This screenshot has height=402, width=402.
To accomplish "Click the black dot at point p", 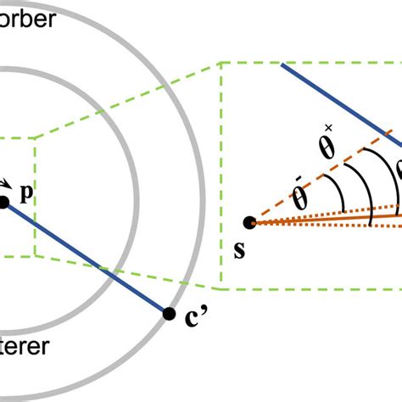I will coord(3,201).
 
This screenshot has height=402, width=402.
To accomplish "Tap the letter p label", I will coord(26,194).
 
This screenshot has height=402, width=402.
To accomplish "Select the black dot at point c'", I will coord(167,312).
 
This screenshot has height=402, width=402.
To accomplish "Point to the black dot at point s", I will coord(249,222).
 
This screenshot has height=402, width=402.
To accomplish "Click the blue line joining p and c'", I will coord(85,257).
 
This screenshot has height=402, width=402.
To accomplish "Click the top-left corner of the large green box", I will coord(221,62).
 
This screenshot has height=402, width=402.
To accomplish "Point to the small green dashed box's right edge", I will coord(35,195).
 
